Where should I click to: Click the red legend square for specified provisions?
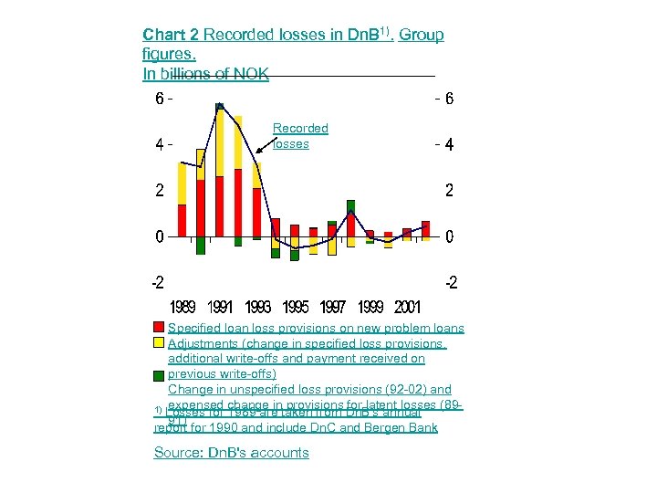[x=160, y=328]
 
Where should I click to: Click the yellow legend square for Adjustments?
[x=160, y=343]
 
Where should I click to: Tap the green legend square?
[x=160, y=374]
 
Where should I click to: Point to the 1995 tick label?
[x=296, y=306]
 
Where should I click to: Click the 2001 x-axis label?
[x=407, y=306]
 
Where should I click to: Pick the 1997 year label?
[x=333, y=306]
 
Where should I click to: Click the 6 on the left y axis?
[x=159, y=99]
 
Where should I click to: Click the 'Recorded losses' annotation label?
[x=300, y=136]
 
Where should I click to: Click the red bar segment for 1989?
[x=182, y=220]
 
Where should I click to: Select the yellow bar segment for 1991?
[x=220, y=142]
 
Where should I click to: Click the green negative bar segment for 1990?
[x=201, y=246]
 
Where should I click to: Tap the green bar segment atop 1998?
[x=350, y=206]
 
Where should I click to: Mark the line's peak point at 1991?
[x=219, y=107]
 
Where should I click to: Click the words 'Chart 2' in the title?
[x=171, y=35]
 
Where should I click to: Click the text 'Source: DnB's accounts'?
[x=232, y=453]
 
